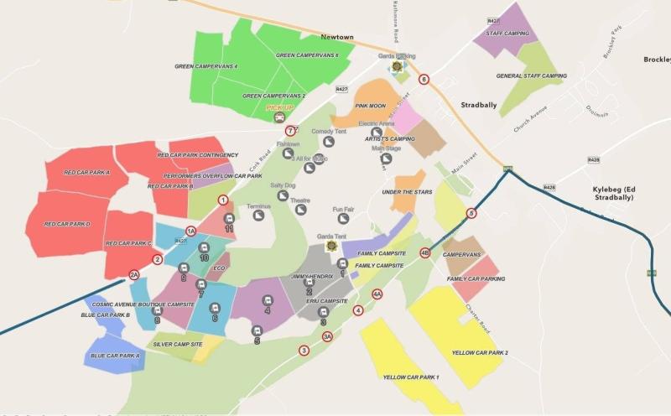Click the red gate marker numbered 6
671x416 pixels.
pyautogui.click(x=424, y=80)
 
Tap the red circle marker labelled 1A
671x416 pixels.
pyautogui.click(x=190, y=231)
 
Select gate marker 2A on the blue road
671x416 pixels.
pyautogui.click(x=134, y=274)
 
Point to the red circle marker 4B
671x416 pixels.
pyautogui.click(x=424, y=252)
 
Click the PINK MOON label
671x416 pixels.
pyautogui.click(x=370, y=107)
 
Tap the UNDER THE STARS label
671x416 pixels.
pyautogui.click(x=407, y=193)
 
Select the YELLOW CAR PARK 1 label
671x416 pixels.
pyautogui.click(x=411, y=377)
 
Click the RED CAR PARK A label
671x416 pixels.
pyautogui.click(x=86, y=172)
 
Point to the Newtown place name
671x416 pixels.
pyautogui.click(x=337, y=38)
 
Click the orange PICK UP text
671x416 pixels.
pyautogui.click(x=279, y=108)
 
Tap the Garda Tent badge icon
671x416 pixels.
pyautogui.click(x=331, y=246)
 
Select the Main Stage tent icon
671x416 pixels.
pyautogui.click(x=387, y=159)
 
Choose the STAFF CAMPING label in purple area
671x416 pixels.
pyautogui.click(x=507, y=34)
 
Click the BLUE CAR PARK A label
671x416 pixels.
pyautogui.click(x=116, y=356)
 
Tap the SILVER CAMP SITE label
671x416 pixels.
pyautogui.click(x=178, y=345)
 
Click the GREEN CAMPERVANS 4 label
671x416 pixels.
pyautogui.click(x=205, y=66)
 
